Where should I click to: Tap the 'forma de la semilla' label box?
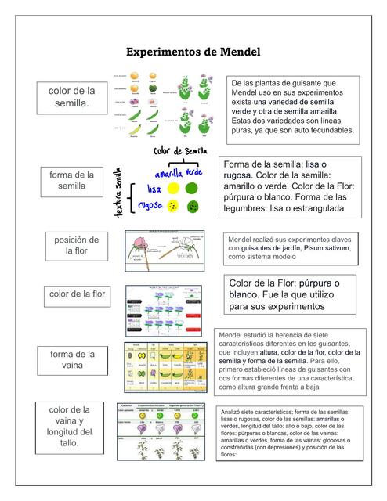point(72,181)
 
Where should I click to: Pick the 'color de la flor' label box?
point(77,295)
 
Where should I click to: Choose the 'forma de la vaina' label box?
point(73,361)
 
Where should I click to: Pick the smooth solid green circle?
point(192,189)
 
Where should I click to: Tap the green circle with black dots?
point(193,207)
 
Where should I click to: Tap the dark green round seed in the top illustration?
point(153,89)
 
